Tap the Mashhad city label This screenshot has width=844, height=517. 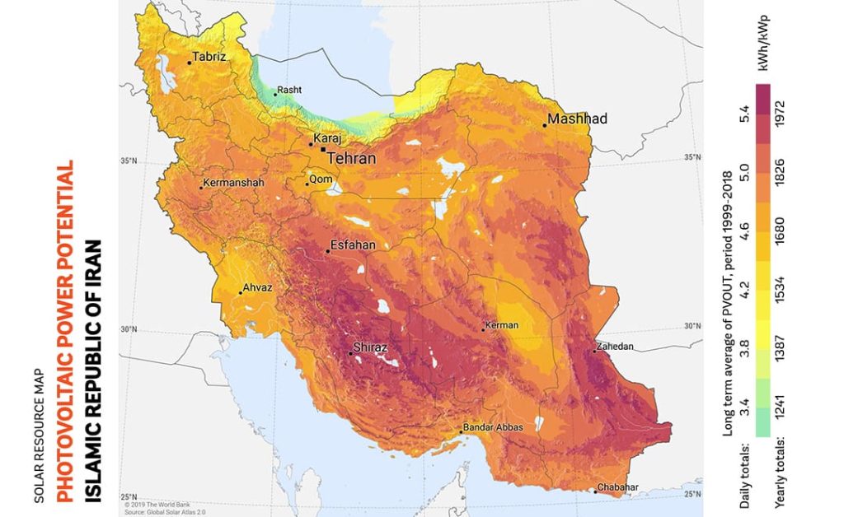[577, 119]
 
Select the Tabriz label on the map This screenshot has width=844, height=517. [207, 58]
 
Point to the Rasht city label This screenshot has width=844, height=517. [288, 90]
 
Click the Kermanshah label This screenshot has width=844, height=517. [232, 182]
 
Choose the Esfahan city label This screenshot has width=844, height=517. [352, 245]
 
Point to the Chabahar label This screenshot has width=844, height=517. [617, 487]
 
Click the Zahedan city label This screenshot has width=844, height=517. [616, 347]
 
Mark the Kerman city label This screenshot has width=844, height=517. [503, 325]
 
